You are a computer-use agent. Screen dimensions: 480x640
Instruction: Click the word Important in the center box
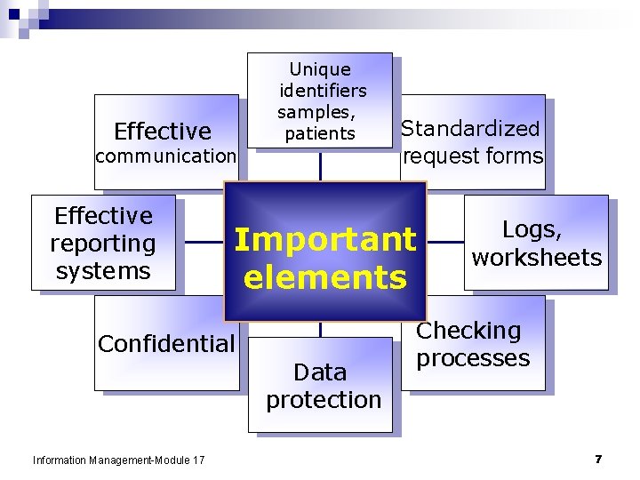click(324, 239)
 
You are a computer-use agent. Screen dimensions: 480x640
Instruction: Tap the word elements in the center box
click(324, 277)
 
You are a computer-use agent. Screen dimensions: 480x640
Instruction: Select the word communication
click(165, 156)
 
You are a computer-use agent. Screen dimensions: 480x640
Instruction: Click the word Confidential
click(166, 343)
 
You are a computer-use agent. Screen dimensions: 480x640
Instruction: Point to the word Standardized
click(470, 128)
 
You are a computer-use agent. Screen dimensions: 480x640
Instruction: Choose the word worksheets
click(536, 258)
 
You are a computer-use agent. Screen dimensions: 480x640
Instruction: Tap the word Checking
click(469, 331)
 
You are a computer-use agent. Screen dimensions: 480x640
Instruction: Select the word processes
click(473, 358)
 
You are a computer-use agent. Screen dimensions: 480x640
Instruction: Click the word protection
click(324, 400)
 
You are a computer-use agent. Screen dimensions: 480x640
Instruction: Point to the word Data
click(320, 372)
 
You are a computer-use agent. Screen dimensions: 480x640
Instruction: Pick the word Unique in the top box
click(320, 69)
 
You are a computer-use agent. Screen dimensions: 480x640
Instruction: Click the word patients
click(320, 134)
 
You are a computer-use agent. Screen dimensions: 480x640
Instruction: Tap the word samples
click(316, 113)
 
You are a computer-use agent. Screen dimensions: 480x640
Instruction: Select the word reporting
click(103, 243)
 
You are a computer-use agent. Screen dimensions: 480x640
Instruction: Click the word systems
click(103, 270)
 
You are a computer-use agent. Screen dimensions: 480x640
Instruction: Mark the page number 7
click(598, 459)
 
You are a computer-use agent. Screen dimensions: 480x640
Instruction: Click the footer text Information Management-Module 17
click(118, 460)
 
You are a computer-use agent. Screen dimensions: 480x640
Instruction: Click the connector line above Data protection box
click(320, 329)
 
